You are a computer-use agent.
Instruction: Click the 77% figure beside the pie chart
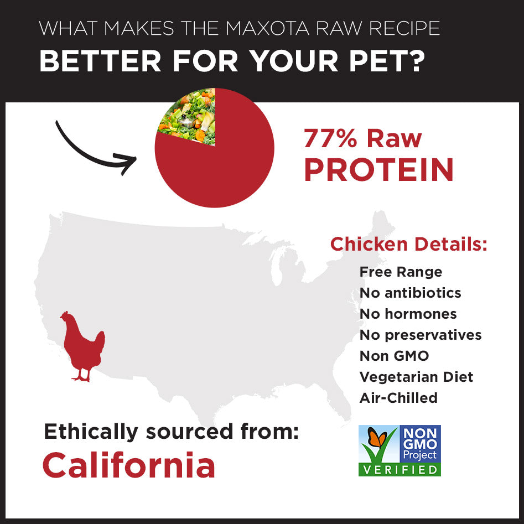pos(330,138)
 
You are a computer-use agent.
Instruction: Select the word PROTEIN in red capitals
pos(379,169)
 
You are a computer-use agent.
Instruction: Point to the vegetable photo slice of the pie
pos(188,117)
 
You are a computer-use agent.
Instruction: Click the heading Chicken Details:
pos(409,244)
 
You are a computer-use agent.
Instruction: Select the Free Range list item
pos(401,272)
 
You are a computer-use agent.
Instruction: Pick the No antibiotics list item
pos(410,293)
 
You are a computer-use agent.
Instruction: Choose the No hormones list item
pos(408,314)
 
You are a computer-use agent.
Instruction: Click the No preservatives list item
pos(421,335)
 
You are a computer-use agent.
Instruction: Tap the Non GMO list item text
pos(394,356)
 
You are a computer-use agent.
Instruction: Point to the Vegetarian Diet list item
pos(416,377)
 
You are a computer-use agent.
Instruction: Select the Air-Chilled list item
pos(398,398)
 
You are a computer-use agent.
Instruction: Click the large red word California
pos(128,465)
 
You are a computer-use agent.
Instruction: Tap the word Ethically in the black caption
pos(89,431)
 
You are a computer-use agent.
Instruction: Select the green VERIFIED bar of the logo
pos(400,470)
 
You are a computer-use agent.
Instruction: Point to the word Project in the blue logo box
pos(420,455)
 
